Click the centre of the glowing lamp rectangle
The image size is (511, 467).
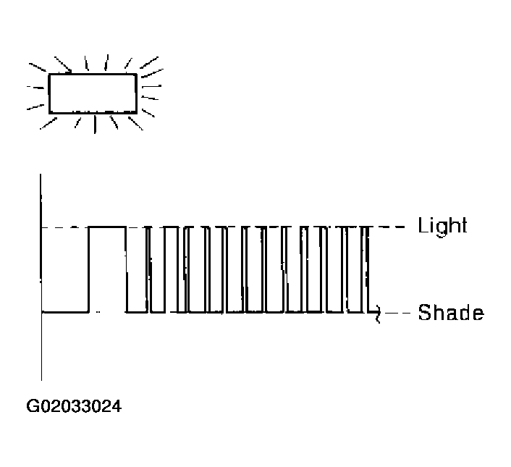93,94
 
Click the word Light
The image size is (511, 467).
442,226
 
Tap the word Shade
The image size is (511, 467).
451,313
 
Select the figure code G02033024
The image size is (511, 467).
74,406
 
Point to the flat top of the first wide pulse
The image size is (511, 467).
107,227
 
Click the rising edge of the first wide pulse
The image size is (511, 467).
88,269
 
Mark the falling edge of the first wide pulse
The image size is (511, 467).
127,269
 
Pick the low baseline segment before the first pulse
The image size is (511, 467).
65,312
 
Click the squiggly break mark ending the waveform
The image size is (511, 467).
378,314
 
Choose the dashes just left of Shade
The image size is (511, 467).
397,313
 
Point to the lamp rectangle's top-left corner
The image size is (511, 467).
49,75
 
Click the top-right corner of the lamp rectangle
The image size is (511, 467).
136,75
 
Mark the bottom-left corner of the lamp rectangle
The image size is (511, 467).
49,113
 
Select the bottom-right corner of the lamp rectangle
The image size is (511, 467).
136,112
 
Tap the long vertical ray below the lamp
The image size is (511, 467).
95,125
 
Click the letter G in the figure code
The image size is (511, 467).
32,406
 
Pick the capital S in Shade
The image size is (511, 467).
425,313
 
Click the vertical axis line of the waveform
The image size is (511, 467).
41,277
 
